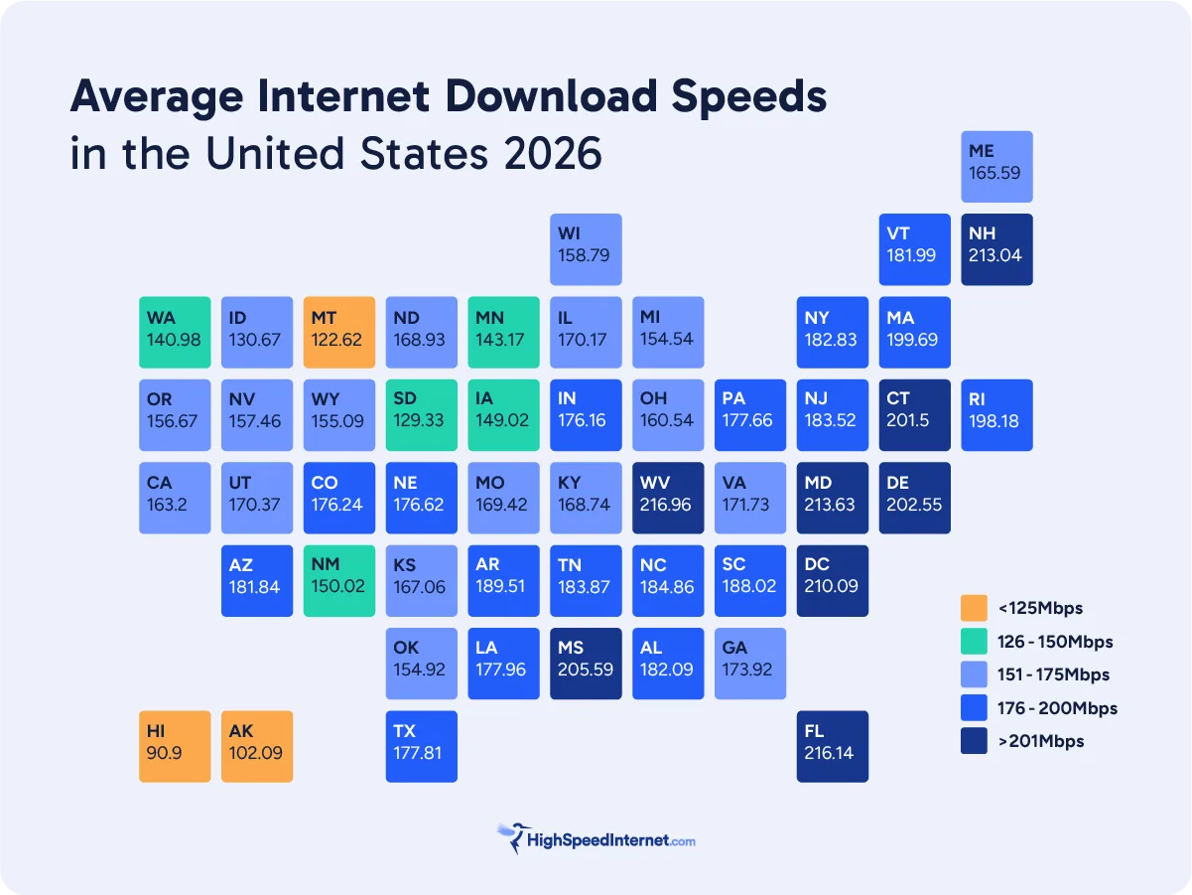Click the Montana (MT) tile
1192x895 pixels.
coord(338,332)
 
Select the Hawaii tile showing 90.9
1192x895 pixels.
coord(175,746)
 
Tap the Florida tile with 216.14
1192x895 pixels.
coord(832,746)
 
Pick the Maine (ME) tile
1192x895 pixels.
coord(996,167)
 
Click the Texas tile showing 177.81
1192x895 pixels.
coord(421,746)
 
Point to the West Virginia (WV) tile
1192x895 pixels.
coord(668,498)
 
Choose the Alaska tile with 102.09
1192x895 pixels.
coord(256,746)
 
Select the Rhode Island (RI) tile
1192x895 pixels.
coord(996,415)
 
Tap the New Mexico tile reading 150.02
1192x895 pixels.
coord(338,580)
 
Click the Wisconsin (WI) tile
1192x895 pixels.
coord(586,249)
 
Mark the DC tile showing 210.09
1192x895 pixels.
coord(832,580)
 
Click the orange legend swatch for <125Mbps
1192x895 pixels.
coord(974,608)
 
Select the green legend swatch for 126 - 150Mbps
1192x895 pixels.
coord(974,642)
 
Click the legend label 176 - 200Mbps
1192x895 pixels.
coord(1057,708)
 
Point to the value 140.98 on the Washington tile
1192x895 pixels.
coord(173,340)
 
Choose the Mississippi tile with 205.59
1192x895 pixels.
coord(586,664)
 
